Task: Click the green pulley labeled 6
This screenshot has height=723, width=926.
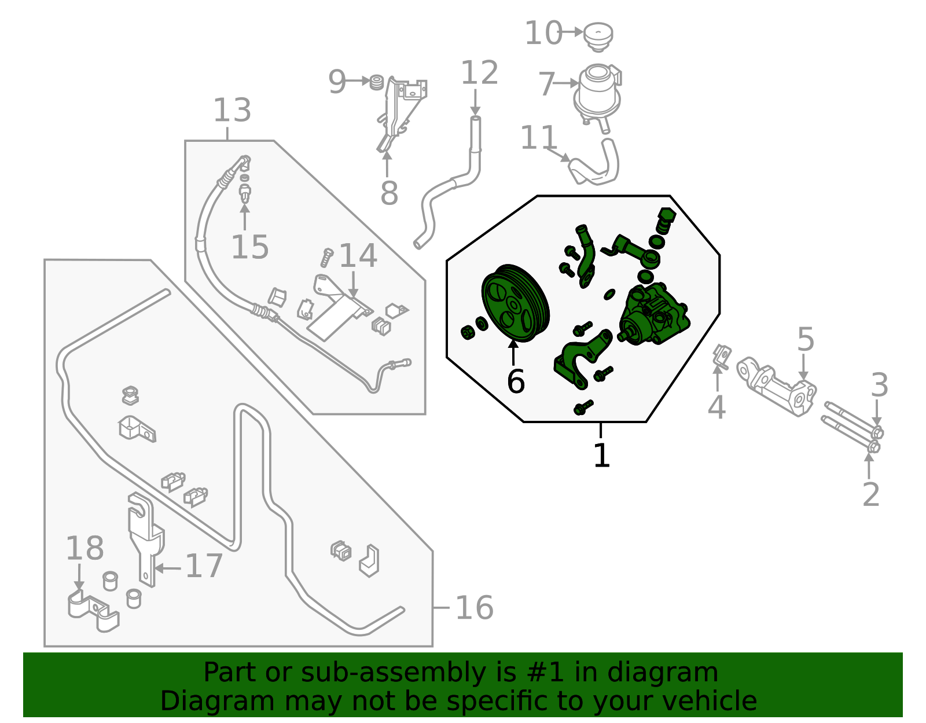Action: point(515,304)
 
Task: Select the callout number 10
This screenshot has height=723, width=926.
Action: point(542,33)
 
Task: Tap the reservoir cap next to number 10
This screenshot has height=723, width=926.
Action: point(598,36)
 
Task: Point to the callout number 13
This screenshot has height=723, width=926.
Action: point(232,110)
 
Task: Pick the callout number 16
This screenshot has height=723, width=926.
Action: point(474,608)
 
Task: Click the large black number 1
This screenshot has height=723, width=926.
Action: point(601,456)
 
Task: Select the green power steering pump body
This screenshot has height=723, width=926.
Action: point(654,315)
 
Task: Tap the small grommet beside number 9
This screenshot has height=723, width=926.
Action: point(377,82)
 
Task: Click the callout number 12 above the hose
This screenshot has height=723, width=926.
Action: point(479,73)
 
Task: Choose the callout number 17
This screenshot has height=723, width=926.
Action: point(204,566)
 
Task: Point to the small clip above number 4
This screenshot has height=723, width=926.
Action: point(721,356)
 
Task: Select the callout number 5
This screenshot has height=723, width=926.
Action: point(805,340)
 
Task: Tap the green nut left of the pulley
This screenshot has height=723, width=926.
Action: point(468,333)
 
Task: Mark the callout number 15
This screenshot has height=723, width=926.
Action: point(249,247)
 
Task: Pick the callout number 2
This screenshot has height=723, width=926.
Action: point(870,495)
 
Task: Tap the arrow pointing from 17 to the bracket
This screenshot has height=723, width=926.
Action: point(168,568)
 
